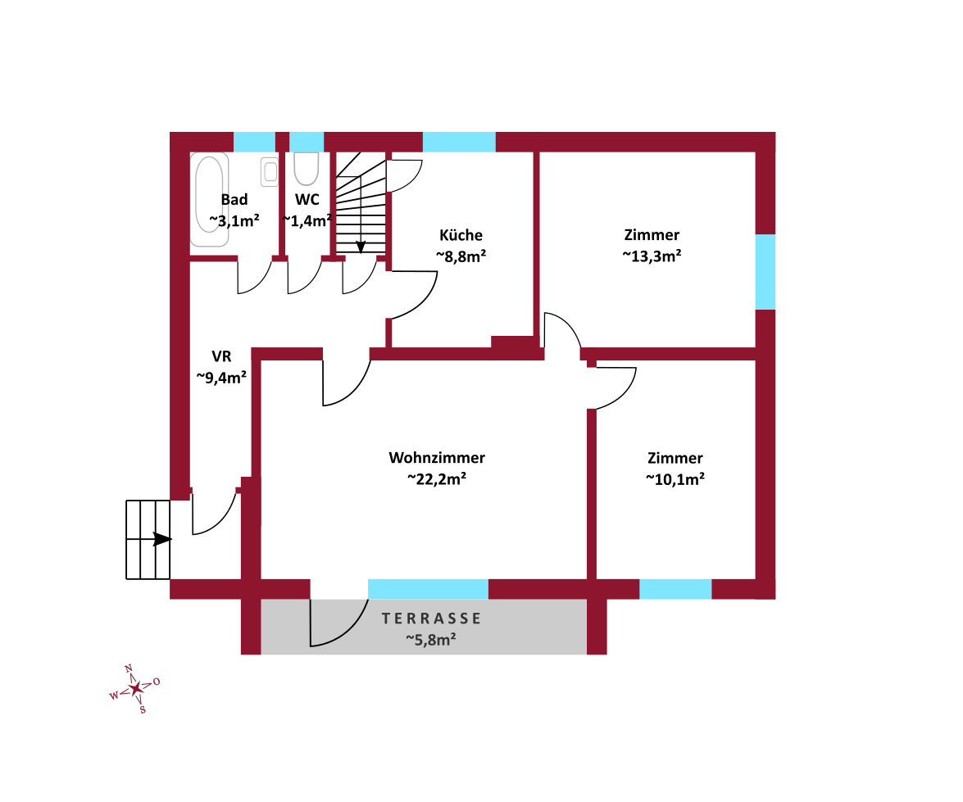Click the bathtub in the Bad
coord(210,200)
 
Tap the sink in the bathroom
coord(270,172)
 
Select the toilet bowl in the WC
coord(306,169)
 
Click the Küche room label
coord(461,235)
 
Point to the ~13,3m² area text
coord(652,256)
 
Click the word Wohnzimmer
coord(437,457)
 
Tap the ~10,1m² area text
coord(675,479)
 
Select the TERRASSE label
coord(431,618)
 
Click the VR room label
coord(222,357)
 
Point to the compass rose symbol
coord(135,689)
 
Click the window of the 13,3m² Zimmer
coord(765,272)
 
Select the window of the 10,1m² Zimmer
coord(675,589)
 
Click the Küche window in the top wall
coord(459,142)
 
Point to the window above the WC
coord(307,142)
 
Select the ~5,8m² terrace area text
coord(430,640)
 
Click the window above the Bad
coord(254,142)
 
